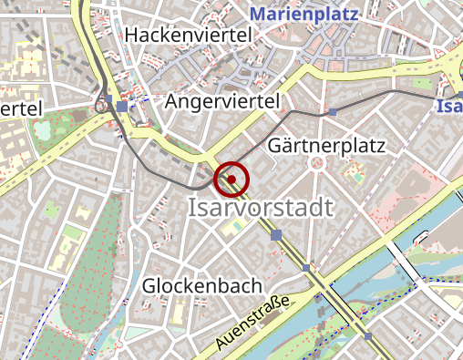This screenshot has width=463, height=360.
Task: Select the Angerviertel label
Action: tap(221, 102)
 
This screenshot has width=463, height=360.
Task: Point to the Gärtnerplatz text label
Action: tap(328, 146)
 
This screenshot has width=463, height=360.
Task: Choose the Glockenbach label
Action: tap(202, 286)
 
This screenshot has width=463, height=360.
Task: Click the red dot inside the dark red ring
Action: tap(231, 179)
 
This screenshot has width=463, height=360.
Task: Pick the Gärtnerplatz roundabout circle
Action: tap(317, 164)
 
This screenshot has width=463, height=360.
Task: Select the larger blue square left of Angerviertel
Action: tap(122, 107)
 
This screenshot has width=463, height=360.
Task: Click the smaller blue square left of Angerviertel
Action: tap(108, 98)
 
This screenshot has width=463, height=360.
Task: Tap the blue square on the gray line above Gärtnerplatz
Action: tap(333, 112)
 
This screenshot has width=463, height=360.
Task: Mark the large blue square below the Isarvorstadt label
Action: tap(276, 235)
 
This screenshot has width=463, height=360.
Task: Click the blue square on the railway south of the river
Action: tap(368, 336)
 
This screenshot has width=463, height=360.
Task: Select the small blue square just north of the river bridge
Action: tap(306, 267)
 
